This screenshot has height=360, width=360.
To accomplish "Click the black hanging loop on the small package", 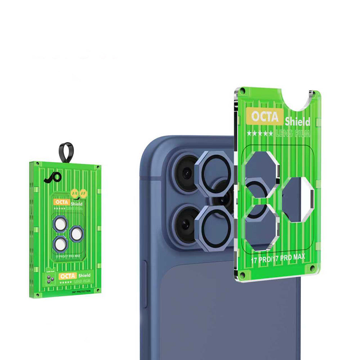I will click(x=66, y=152).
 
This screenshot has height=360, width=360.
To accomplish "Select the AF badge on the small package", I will click(x=84, y=193).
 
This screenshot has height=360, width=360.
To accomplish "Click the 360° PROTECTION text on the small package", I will click(x=81, y=291).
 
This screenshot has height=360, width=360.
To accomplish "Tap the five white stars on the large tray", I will click(x=260, y=134).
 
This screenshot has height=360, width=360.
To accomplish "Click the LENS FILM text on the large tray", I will click(x=291, y=134).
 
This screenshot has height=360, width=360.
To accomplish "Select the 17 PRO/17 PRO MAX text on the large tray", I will click(x=278, y=257).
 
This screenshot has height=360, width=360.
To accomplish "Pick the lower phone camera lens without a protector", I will click(x=186, y=224).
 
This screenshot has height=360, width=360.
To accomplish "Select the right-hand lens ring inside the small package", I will click(x=76, y=234).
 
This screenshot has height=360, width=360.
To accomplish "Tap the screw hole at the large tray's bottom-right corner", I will click(x=312, y=269).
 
